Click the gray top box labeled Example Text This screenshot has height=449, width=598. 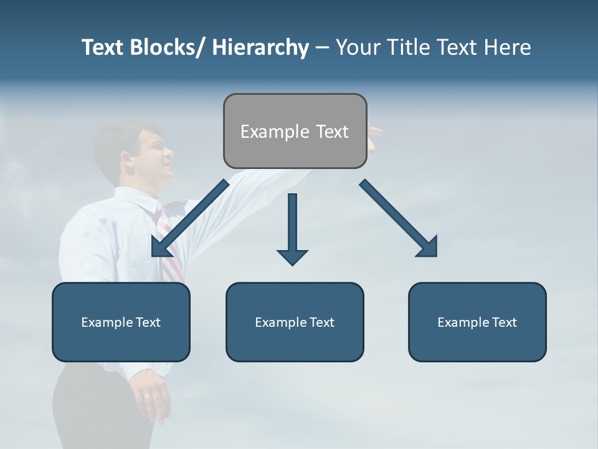click(295, 131)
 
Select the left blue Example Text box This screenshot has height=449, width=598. click(121, 322)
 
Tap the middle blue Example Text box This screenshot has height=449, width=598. click(295, 322)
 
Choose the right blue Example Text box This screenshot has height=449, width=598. click(477, 322)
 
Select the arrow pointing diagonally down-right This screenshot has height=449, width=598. click(399, 218)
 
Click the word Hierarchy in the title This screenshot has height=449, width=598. click(260, 47)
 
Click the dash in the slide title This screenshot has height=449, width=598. click(321, 47)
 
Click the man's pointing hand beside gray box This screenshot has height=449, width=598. click(374, 132)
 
